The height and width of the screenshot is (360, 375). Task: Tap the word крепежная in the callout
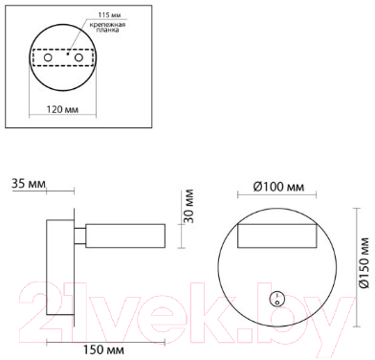[x=107, y=25]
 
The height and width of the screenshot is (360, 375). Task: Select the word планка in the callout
[x=107, y=30]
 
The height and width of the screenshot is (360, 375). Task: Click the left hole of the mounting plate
[x=48, y=57]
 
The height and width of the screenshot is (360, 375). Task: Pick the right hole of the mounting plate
[x=78, y=57]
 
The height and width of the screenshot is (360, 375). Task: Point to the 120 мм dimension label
[x=62, y=109]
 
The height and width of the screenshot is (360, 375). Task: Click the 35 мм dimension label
[x=29, y=184]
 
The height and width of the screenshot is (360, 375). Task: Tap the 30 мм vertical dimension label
[x=188, y=206]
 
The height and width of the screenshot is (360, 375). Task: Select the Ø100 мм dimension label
[x=278, y=187]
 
